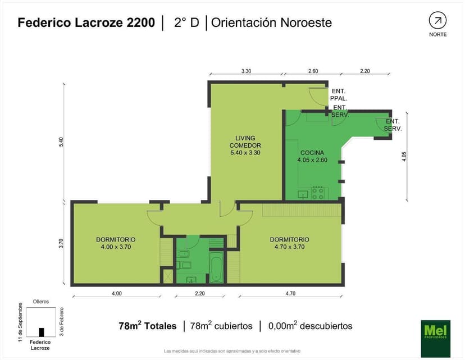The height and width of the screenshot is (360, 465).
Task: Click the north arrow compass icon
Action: coord(437,21)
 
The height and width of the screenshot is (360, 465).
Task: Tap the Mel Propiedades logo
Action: coord(435,338)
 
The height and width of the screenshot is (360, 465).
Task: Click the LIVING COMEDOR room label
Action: coord(245,145)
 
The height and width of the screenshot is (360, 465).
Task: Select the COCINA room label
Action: coord(312,156)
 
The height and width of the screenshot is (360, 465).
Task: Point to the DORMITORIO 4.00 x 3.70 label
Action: coord(116,243)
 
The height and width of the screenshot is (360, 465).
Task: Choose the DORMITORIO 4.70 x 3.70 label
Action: coord(289,243)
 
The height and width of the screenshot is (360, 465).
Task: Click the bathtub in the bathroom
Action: coord(216,267)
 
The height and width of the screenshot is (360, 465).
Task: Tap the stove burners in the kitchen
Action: coord(318,193)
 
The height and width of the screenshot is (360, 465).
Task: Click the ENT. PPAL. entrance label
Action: coord(339,94)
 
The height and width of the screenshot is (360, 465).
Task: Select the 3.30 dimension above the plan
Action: coord(246,71)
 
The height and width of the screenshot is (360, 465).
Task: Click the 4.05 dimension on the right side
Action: coord(403,156)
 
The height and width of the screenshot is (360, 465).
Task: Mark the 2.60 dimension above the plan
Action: coord(313,71)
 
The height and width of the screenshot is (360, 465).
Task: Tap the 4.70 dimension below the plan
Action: coord(290,293)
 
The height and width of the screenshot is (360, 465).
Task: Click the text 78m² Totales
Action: coord(148,326)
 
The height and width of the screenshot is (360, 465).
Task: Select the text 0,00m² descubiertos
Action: coord(310,326)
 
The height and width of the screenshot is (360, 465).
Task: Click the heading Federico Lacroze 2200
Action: coord(86,23)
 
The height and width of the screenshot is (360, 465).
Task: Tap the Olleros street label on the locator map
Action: coord(41,302)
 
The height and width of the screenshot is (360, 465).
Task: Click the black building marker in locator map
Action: coord(41,332)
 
